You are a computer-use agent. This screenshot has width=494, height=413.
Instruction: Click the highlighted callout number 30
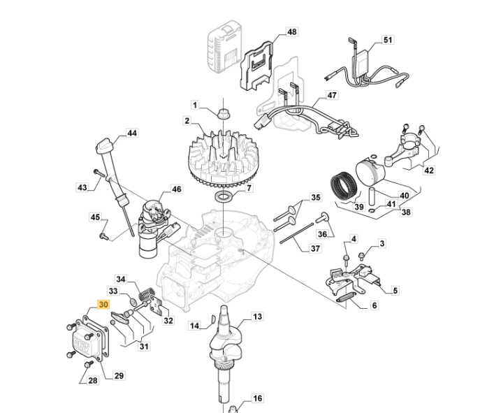coord(103,305)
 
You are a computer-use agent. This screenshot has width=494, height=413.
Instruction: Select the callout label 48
coord(291,32)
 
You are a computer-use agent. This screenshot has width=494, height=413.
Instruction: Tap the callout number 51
coord(388,41)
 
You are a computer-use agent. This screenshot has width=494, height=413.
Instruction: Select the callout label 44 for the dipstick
coord(132,133)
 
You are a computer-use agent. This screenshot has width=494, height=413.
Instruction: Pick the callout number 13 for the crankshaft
coord(257,317)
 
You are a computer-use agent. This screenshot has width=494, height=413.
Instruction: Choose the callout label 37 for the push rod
coord(315,248)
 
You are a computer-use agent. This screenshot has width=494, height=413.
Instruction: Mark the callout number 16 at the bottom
coord(257,398)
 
